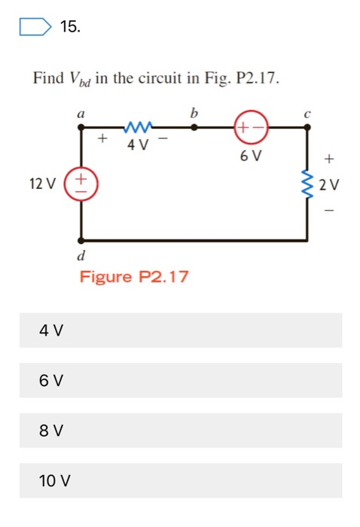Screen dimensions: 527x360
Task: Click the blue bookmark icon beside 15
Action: click(35, 28)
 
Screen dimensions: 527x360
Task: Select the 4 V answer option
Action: click(181, 330)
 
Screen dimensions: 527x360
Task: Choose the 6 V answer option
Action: click(181, 380)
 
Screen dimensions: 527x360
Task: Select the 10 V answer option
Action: click(181, 480)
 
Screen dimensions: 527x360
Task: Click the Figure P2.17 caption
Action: click(134, 277)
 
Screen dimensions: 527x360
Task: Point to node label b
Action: click(194, 111)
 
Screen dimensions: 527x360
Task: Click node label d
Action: click(81, 257)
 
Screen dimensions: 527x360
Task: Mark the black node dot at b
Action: click(194, 128)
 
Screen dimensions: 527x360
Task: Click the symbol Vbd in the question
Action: click(78, 78)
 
